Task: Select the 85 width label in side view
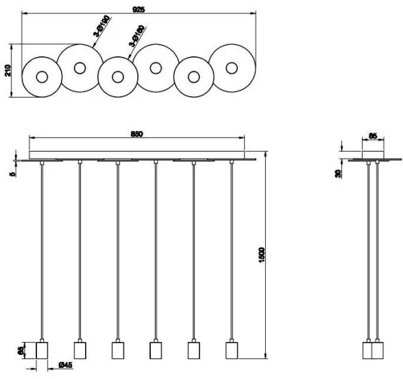click(373, 137)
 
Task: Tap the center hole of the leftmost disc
click(42, 77)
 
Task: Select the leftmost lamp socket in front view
click(41, 350)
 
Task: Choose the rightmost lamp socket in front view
click(231, 350)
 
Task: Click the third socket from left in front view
click(117, 350)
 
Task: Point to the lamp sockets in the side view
click(372, 350)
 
